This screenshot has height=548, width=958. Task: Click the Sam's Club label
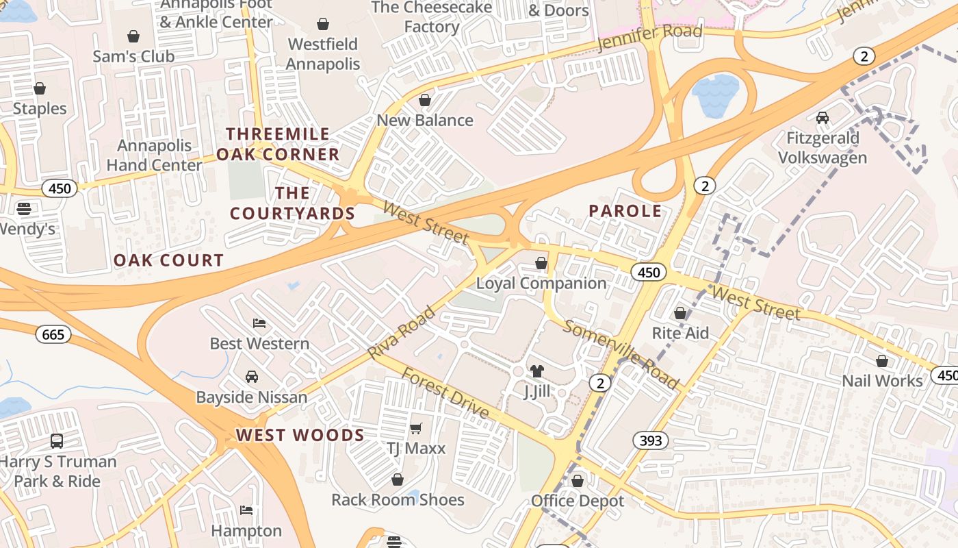click(x=133, y=56)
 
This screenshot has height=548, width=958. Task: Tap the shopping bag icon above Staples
click(x=40, y=88)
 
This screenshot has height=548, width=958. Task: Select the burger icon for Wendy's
click(x=24, y=208)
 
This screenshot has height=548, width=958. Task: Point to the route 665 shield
click(x=53, y=334)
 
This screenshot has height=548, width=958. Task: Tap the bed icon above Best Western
click(x=259, y=323)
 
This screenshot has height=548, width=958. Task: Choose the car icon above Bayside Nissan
click(x=252, y=377)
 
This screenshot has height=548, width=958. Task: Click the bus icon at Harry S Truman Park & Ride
click(x=57, y=441)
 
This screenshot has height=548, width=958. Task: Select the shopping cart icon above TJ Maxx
click(x=415, y=429)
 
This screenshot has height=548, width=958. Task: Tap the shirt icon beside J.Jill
click(x=537, y=371)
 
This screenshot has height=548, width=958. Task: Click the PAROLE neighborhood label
click(x=625, y=211)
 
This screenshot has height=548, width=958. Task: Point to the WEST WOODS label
click(x=300, y=435)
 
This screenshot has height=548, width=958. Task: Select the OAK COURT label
click(x=168, y=260)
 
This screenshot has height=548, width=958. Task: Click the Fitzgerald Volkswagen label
click(x=823, y=148)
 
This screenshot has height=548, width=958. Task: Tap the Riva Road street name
click(x=402, y=333)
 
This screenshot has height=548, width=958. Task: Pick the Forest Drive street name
click(x=445, y=393)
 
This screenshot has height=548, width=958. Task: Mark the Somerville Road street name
click(x=621, y=353)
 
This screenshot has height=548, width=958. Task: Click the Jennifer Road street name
click(x=649, y=37)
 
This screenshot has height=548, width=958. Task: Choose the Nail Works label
click(x=882, y=381)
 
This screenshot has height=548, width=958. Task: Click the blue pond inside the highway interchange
click(x=716, y=95)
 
